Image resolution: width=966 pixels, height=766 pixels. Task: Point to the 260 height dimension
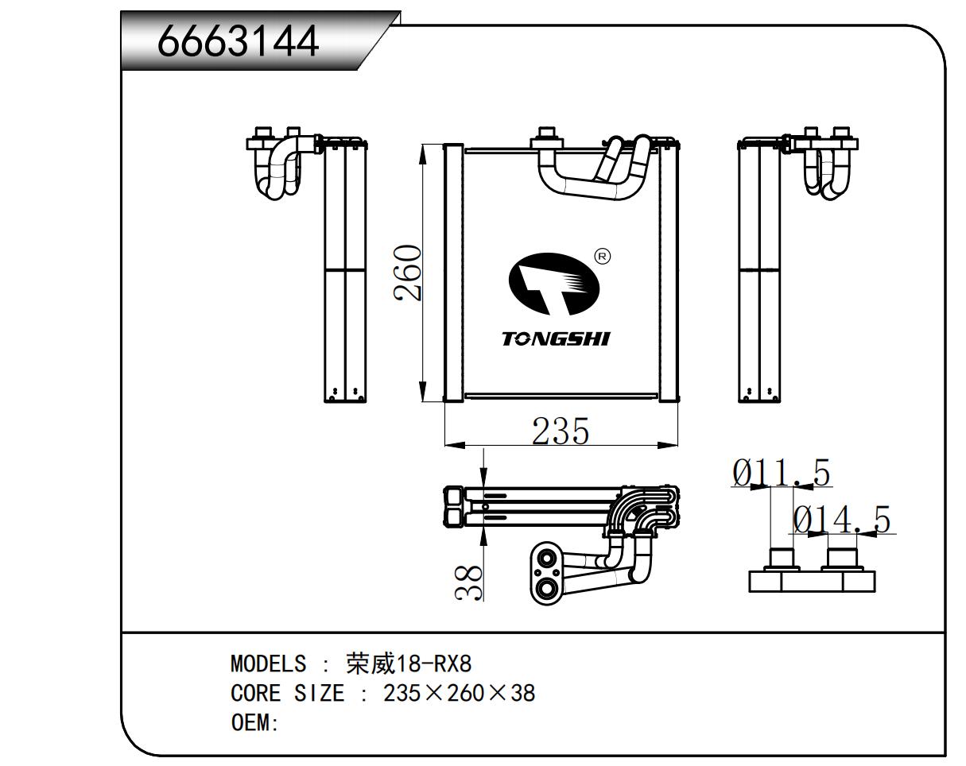coord(409,273)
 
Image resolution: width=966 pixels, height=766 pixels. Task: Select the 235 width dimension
coord(561,431)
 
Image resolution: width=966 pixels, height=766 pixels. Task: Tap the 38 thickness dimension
coord(470,582)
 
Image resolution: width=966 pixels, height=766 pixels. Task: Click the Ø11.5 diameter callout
coord(782,474)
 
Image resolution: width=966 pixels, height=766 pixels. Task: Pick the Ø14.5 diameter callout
coord(842,520)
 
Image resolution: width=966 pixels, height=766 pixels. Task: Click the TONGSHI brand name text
coord(556,339)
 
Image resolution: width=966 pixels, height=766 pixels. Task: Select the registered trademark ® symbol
coord(602,256)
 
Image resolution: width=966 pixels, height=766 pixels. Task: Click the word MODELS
coord(268,663)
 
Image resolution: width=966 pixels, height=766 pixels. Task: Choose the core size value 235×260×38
coord(459,694)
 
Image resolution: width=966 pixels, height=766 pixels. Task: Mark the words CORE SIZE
coord(287,694)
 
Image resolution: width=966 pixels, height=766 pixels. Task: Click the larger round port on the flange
coord(545,589)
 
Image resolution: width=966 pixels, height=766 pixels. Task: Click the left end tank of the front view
coord(452,272)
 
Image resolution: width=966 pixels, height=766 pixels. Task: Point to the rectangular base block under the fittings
coord(812,581)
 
